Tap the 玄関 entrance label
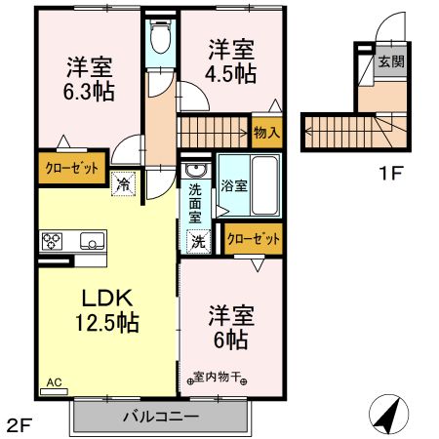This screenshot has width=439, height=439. point(391,60)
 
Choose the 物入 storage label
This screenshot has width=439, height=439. point(265,131)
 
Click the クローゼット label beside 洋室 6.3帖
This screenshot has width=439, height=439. point(72,168)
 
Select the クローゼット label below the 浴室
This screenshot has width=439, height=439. point(253,237)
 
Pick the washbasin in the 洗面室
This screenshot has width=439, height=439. point(193,173)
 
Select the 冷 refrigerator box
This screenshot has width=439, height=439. point(123,182)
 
